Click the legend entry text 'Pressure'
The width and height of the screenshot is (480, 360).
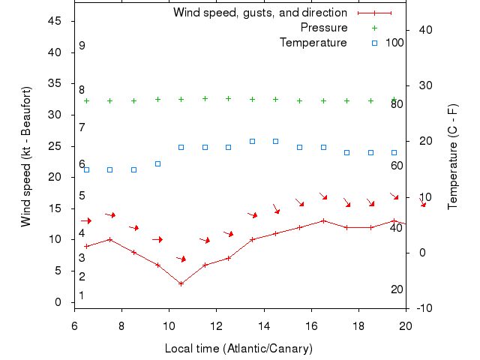pos(324,28)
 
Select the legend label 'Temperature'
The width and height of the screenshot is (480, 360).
pos(313,42)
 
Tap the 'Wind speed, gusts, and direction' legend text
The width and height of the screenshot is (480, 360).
pos(259,13)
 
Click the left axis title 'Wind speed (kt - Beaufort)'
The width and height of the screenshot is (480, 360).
pos(26,157)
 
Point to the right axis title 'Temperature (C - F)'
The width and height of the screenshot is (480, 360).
pos(453,157)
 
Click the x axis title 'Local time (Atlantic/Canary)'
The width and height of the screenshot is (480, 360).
pos(238,349)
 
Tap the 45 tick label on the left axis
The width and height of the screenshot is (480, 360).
pos(55,21)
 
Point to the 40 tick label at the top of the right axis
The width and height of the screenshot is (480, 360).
pos(424,29)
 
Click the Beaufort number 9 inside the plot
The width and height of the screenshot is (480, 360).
pos(82,46)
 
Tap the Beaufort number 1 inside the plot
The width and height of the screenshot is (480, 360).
pos(82,295)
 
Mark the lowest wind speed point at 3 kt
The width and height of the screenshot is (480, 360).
pos(181,283)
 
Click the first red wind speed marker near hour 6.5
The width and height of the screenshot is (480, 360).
pos(86,246)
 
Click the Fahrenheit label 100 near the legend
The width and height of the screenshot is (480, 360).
pos(394,42)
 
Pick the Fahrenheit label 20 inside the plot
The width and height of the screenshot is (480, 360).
pos(397,289)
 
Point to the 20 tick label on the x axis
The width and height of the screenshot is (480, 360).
pos(406,325)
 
